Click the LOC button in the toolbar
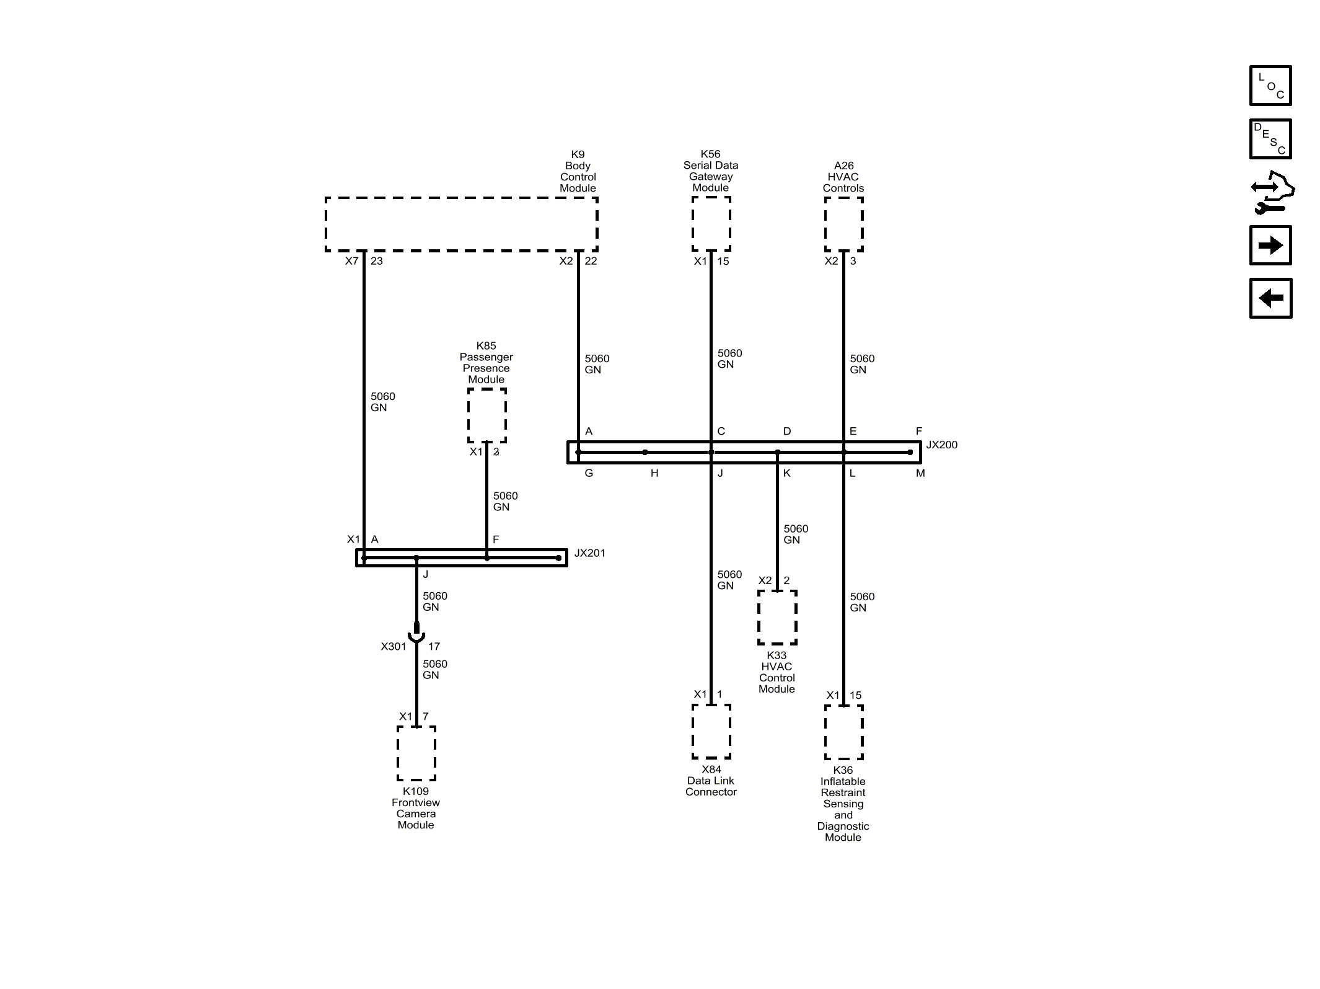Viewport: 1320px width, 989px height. click(1270, 86)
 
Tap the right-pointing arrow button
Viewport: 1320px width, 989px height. click(1270, 246)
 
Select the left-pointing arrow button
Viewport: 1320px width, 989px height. click(1270, 298)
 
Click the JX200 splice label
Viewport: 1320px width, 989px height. click(941, 445)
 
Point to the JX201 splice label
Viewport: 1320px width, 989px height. click(589, 553)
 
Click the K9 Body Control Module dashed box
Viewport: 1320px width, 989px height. click(462, 224)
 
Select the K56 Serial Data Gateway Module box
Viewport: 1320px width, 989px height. click(711, 224)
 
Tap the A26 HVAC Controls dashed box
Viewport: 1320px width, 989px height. click(844, 224)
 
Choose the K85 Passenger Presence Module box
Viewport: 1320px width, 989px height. click(487, 415)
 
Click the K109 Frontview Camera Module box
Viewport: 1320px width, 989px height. click(416, 753)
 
